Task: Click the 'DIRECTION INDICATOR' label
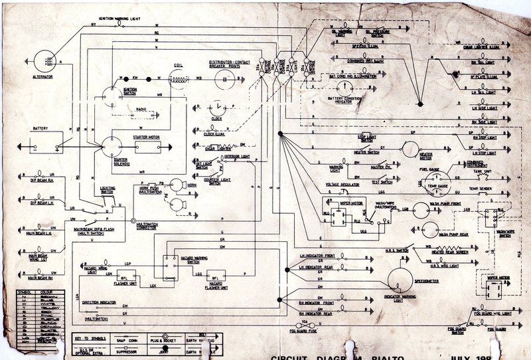pyautogui.click(x=99, y=302)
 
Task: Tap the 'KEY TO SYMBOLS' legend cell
pyautogui.click(x=90, y=338)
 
